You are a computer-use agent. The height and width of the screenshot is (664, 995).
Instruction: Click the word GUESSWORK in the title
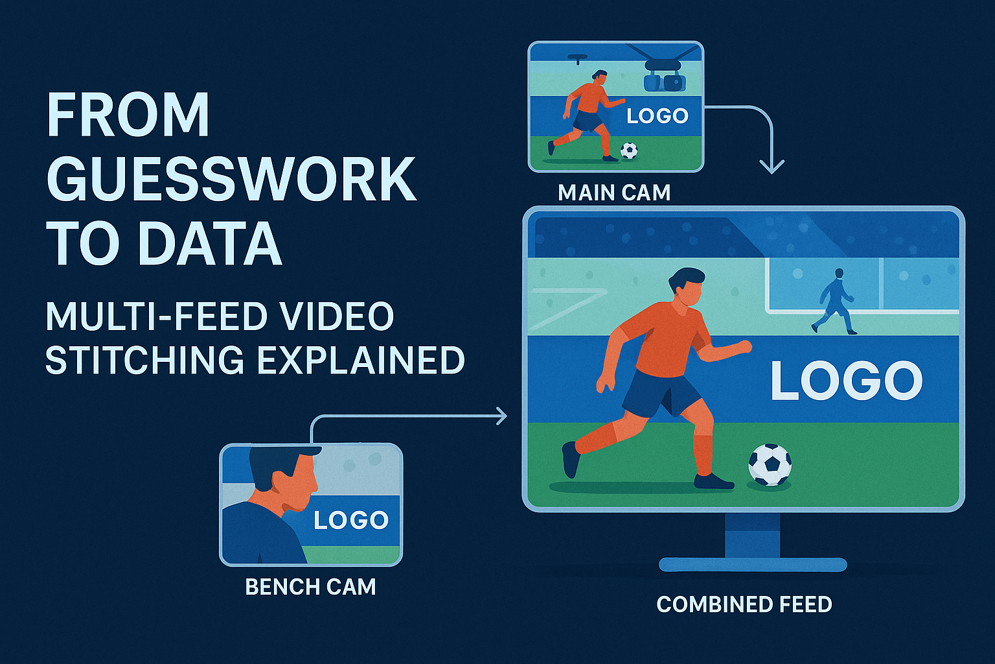pos(231,179)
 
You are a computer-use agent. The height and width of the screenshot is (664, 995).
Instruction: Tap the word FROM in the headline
pos(128,115)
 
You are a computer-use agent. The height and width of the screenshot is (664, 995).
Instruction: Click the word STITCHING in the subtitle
pos(145,360)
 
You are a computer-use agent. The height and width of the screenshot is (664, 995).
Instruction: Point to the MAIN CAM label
pos(614,193)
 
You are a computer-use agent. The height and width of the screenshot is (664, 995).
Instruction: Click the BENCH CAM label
pos(310,587)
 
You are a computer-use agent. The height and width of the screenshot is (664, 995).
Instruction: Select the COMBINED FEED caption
pos(744,604)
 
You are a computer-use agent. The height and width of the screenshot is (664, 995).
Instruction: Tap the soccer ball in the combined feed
pos(770,464)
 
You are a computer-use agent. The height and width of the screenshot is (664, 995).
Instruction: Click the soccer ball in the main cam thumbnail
pos(628,150)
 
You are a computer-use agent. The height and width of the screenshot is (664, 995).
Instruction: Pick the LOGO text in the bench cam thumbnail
pos(351,520)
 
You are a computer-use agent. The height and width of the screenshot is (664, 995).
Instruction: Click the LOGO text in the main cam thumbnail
pos(657,116)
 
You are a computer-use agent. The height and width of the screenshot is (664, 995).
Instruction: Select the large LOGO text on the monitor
pos(846,381)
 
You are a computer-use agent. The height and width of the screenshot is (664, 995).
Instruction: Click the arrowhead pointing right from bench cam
pos(501,416)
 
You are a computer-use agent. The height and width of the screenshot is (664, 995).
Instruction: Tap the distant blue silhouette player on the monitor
pos(835,302)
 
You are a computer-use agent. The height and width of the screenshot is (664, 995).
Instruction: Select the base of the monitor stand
pos(752,564)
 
